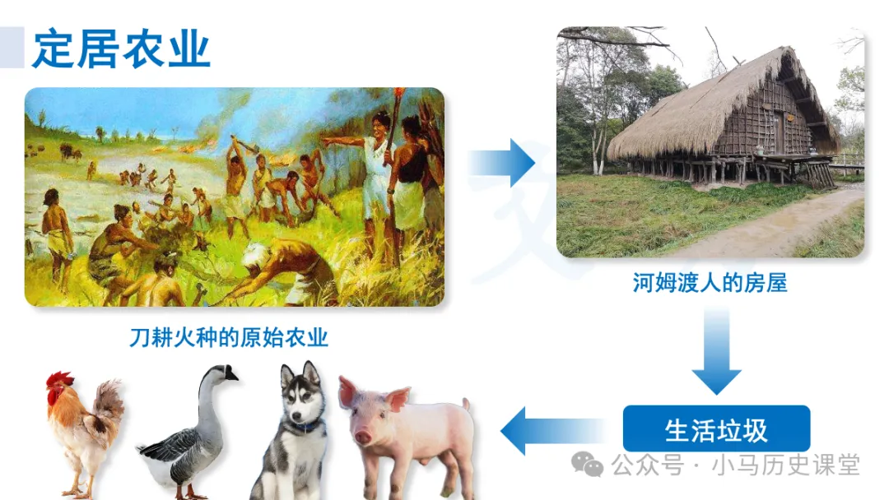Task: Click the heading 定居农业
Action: click(x=121, y=49)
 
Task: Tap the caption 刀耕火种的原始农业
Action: click(x=229, y=337)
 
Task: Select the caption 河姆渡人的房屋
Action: click(x=710, y=283)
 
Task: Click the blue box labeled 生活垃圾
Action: click(x=716, y=429)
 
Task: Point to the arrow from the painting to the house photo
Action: click(x=502, y=163)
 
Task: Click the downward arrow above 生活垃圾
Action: click(x=717, y=351)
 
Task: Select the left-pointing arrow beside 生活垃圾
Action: click(x=553, y=431)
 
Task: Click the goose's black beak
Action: click(x=230, y=373)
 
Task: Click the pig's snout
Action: click(x=362, y=436)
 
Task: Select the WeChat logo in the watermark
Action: click(x=588, y=465)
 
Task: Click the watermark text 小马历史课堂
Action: click(x=786, y=465)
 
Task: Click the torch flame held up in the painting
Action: click(x=400, y=93)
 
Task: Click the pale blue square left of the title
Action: click(x=12, y=48)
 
